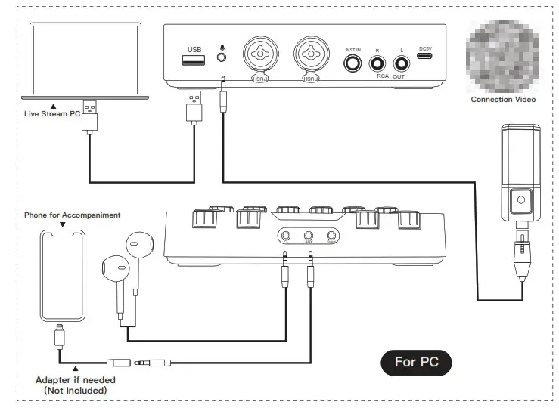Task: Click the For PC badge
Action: (x=415, y=362)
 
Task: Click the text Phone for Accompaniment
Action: (x=73, y=215)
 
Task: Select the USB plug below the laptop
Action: (x=89, y=114)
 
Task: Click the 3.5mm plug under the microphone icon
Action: (x=223, y=97)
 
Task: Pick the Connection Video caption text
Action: (x=503, y=100)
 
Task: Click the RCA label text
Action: (x=383, y=77)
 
